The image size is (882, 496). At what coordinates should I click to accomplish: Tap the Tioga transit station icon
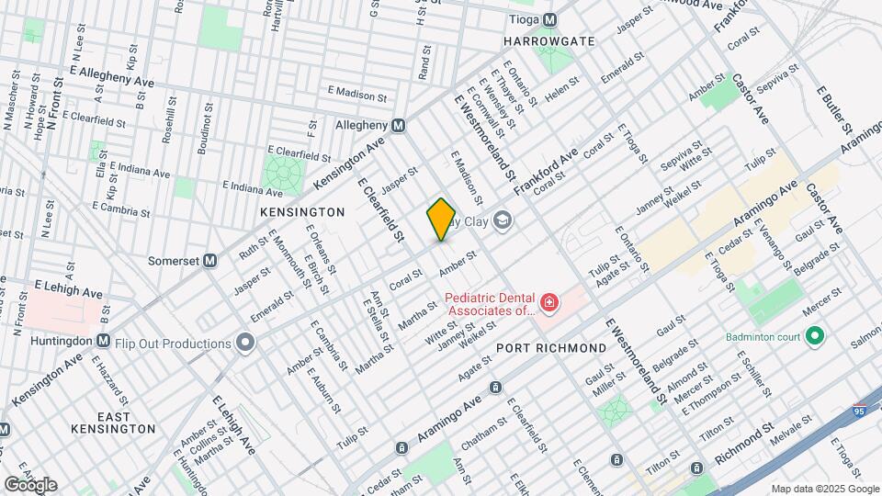(549, 19)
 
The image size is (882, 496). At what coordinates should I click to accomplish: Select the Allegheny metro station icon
(399, 125)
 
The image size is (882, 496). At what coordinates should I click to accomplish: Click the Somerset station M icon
(209, 261)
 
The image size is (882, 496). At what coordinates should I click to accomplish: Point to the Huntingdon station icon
(103, 340)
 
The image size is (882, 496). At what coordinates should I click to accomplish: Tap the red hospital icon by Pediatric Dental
(548, 302)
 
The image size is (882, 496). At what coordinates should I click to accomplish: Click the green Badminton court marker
(813, 336)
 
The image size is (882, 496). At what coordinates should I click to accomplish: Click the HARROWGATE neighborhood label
(549, 41)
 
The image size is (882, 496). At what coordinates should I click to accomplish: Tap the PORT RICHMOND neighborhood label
(551, 348)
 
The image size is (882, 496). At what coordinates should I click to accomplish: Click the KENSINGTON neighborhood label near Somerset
(302, 212)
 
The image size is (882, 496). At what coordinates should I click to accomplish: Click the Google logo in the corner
(30, 484)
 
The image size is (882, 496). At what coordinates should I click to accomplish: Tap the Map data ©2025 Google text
(824, 488)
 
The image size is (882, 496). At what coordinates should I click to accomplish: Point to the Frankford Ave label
(545, 171)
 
